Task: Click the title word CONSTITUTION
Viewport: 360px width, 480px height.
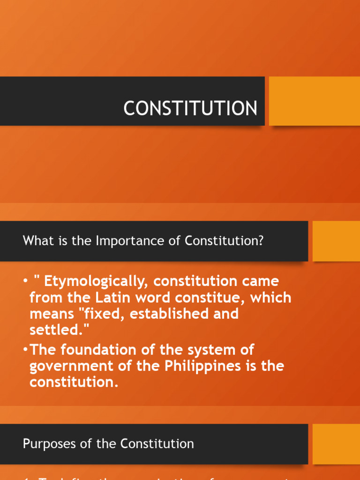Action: point(190,109)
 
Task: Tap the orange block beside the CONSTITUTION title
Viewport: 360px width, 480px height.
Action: point(315,101)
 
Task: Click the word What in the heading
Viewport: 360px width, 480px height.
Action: point(35,241)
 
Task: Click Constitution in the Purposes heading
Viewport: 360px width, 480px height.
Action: point(157,443)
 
